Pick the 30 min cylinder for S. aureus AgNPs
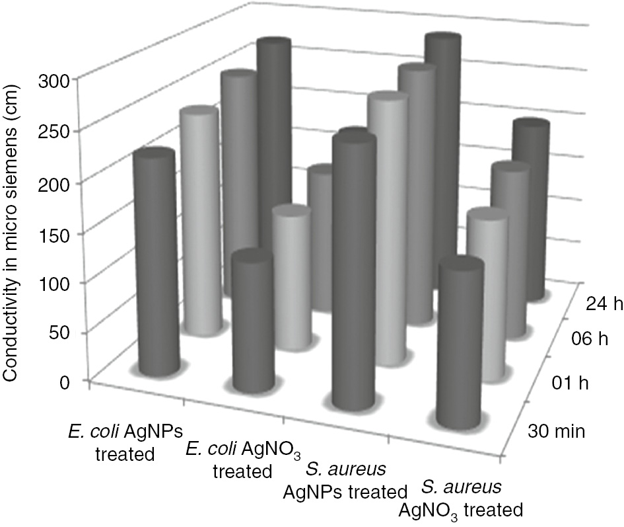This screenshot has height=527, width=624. point(354,271)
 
